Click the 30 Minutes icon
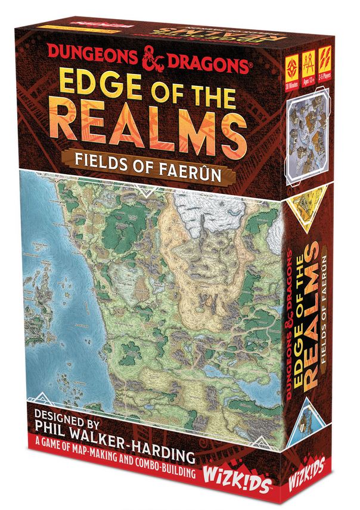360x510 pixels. coord(293,67)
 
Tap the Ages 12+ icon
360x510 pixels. coord(309,67)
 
